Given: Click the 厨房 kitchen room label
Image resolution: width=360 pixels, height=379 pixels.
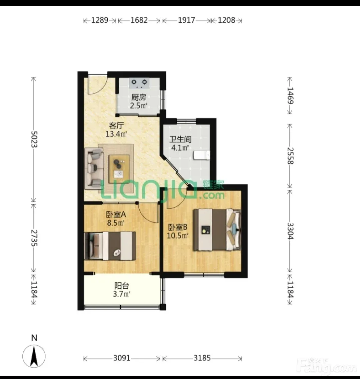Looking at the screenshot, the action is point(139,98).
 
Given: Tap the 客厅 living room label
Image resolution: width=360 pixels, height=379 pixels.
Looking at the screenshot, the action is point(116,126).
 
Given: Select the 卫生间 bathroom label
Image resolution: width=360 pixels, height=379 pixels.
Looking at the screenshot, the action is point(180,139).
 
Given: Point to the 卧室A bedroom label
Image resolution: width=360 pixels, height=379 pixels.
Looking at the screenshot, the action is point(116,215).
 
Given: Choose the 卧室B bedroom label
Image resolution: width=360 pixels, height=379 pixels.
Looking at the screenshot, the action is point(178,227).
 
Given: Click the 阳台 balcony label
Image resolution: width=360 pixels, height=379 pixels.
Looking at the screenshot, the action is point(122,286).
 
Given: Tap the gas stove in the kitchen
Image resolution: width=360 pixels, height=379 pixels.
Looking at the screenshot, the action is point(139,83).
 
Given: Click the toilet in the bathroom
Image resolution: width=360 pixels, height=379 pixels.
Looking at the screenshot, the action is point(202,155).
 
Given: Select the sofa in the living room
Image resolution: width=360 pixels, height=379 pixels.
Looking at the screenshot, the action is point(94,168).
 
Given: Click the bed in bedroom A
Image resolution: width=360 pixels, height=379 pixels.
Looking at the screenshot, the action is point(110,246).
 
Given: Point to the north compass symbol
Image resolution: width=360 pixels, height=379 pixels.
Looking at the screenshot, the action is point(34,356).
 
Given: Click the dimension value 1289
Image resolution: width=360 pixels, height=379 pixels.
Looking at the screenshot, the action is point(99,20).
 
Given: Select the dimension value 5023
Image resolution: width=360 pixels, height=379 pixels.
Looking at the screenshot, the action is point(34,139).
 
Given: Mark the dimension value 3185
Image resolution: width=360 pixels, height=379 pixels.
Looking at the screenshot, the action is point(202,358).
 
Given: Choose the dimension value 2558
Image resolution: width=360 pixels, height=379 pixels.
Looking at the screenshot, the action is point(290,156).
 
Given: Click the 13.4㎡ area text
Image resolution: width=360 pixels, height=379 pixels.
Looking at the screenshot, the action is point(116,134).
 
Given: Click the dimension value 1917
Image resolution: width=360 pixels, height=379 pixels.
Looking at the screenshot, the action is point(186,20).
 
